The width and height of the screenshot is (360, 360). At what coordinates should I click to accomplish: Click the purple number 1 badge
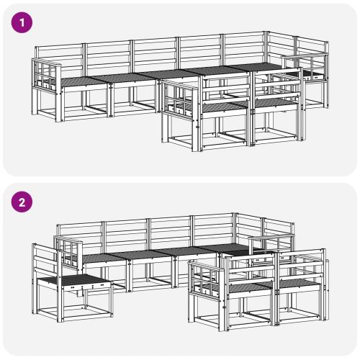pyautogui.click(x=23, y=22)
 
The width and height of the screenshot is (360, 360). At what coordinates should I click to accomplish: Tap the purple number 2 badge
pyautogui.click(x=23, y=202)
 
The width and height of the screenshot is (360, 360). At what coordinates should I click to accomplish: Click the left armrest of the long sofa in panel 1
pyautogui.click(x=45, y=75)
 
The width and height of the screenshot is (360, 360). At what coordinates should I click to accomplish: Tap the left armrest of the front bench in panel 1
pyautogui.click(x=178, y=97)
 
